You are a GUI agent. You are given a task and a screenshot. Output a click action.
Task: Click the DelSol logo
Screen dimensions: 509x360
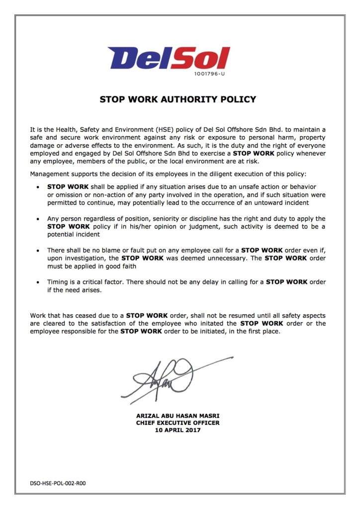point(169,58)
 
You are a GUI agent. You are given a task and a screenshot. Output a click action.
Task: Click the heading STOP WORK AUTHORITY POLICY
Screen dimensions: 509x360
point(178,99)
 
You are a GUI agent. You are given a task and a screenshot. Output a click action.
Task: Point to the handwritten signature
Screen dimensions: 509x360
point(172,377)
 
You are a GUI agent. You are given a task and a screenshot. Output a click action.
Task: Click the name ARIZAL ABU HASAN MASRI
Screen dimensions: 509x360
point(178,416)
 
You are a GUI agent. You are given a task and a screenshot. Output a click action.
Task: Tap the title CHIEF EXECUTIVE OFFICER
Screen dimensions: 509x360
point(178,423)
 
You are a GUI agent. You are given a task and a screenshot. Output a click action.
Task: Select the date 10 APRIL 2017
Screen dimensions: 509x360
point(178,430)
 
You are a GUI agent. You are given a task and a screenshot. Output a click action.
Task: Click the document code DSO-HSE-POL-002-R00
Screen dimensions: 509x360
point(54,483)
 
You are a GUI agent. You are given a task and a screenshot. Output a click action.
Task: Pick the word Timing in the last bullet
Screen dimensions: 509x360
point(58,282)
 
